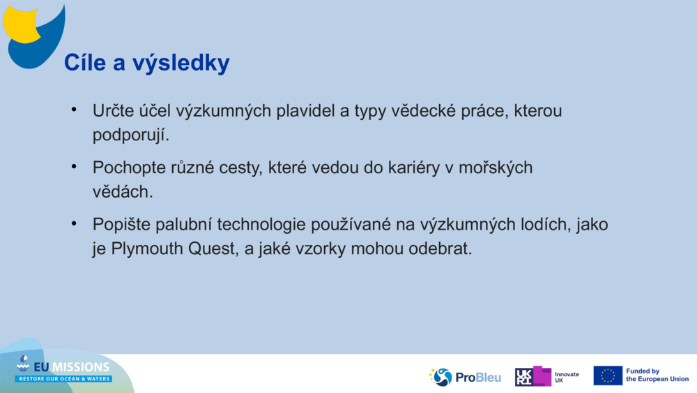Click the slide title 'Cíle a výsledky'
pos(146,63)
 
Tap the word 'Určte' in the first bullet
pos(112,111)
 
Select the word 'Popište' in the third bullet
pos(118,225)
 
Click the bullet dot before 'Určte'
pos(72,110)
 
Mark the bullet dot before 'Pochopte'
pos(72,168)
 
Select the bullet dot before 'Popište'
pos(72,224)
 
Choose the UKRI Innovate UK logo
pos(546,376)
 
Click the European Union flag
pos(608,376)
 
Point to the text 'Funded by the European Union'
pos(657,376)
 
